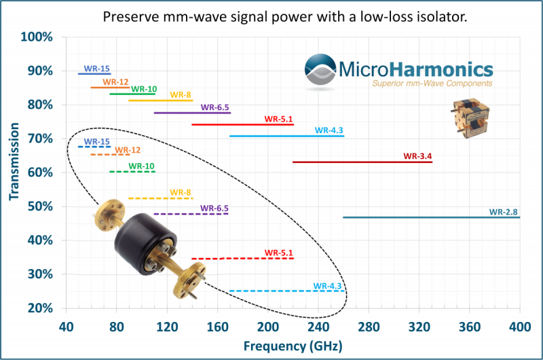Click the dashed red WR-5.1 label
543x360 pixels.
[279, 253]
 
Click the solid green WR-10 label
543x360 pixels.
[144, 89]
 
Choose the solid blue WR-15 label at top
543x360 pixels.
[96, 69]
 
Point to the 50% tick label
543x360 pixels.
[41, 206]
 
